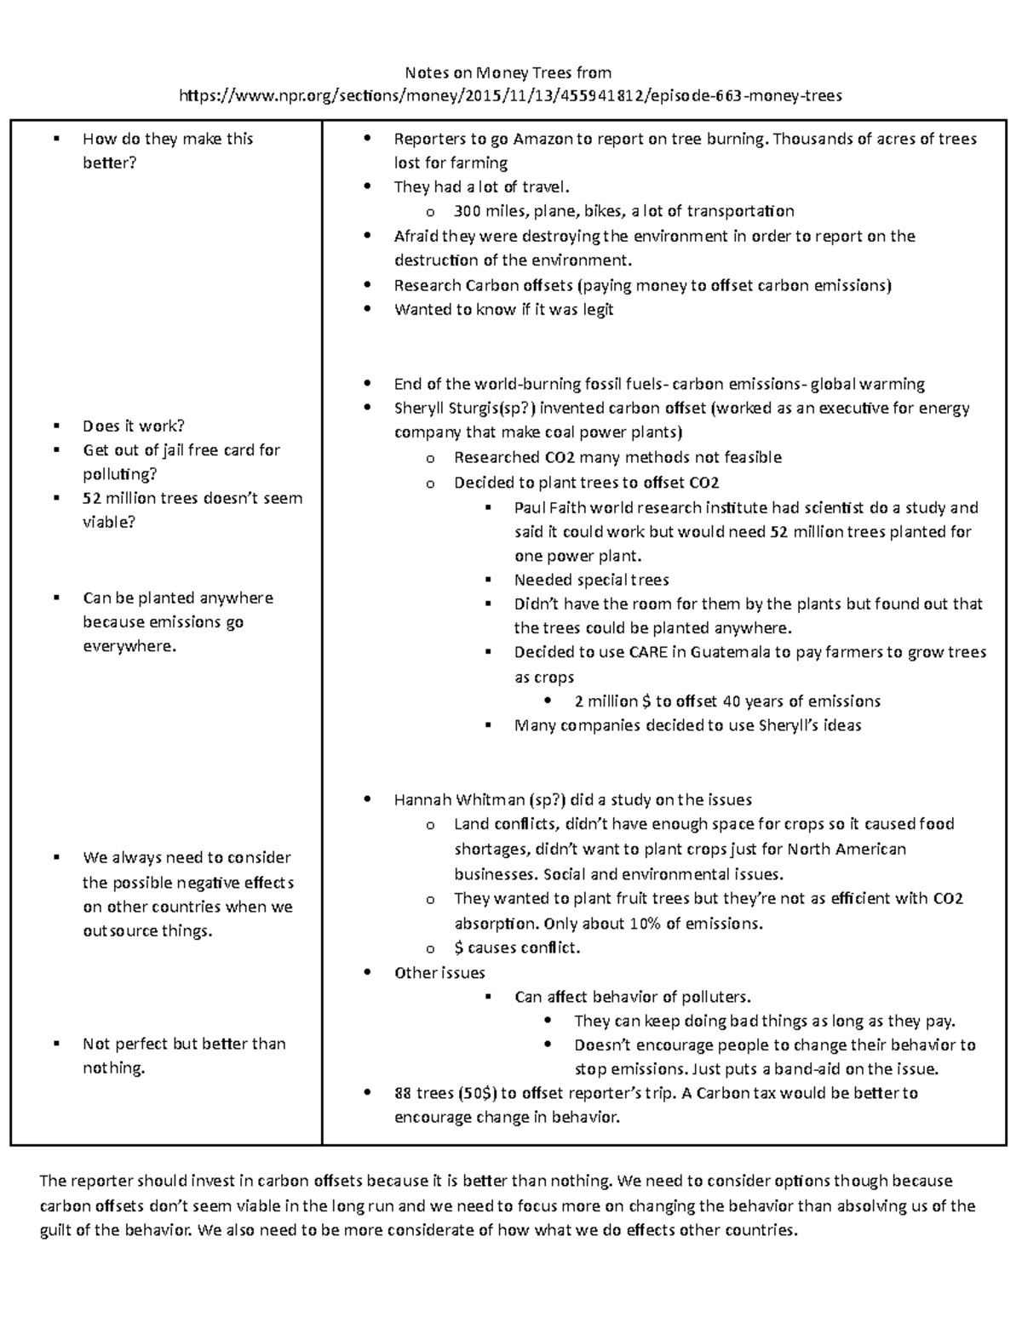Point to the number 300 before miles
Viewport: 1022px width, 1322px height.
(x=468, y=211)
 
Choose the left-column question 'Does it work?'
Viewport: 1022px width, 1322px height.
(x=134, y=426)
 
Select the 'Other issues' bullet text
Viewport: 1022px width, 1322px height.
(x=439, y=973)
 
